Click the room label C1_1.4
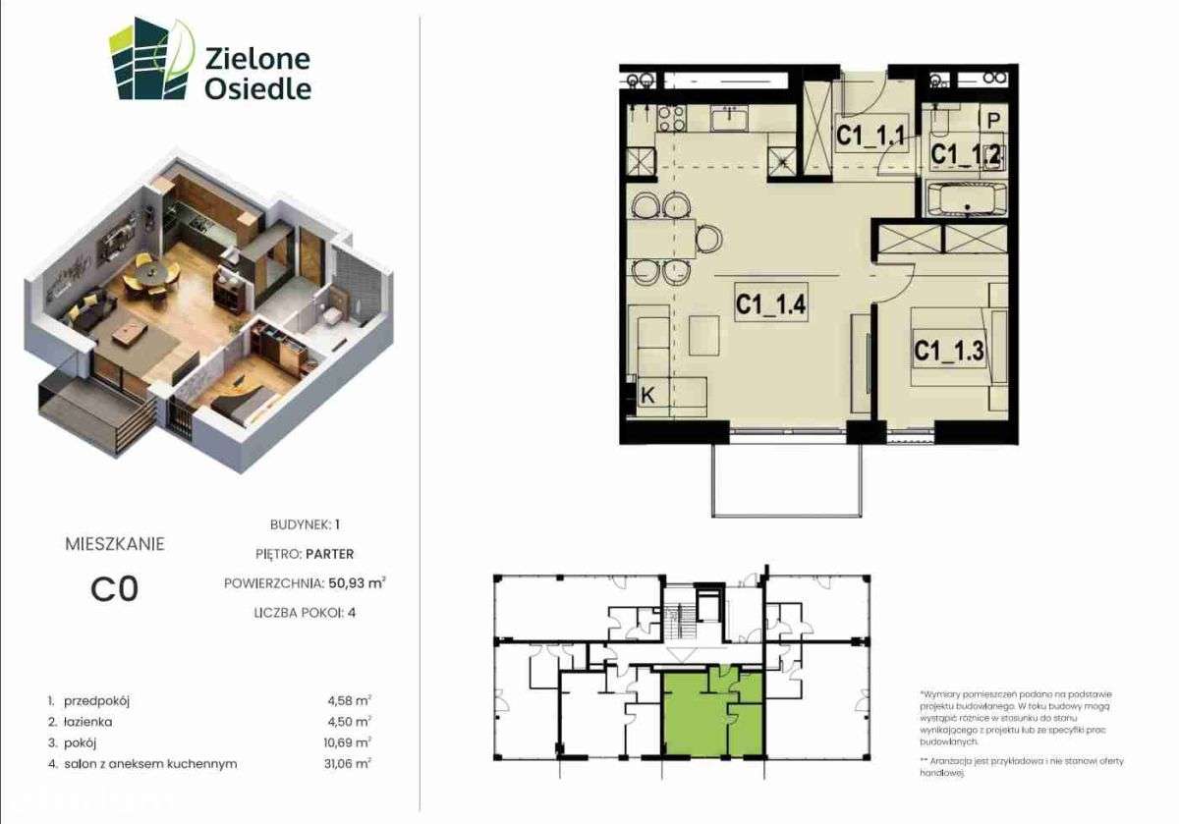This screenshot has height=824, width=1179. pos(771,305)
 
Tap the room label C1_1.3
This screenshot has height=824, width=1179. pos(948,350)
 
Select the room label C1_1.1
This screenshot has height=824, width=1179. pos(870,137)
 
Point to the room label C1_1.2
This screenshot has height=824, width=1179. pos(966,154)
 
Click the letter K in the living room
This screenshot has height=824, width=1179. pos(648,396)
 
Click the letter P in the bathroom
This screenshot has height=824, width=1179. pos(993,120)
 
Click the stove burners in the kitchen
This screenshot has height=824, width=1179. pos(672,119)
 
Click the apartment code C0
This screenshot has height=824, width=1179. pos(114,588)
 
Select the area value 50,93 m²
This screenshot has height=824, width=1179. pos(355,582)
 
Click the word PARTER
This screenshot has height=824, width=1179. pos(329,554)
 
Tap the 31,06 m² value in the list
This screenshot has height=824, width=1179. pos(349,763)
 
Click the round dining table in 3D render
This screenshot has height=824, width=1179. pos(149,272)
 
